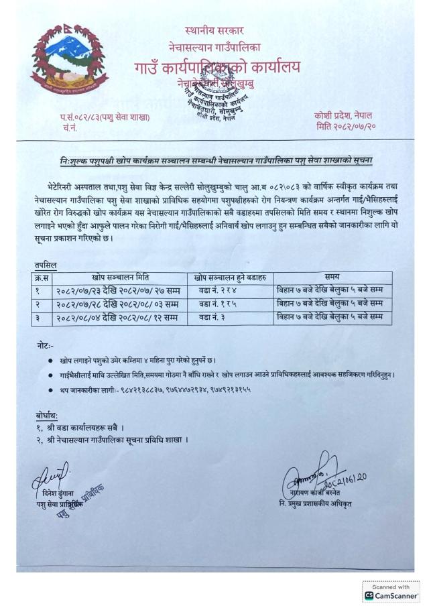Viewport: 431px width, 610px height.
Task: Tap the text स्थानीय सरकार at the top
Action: [x=214, y=30]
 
